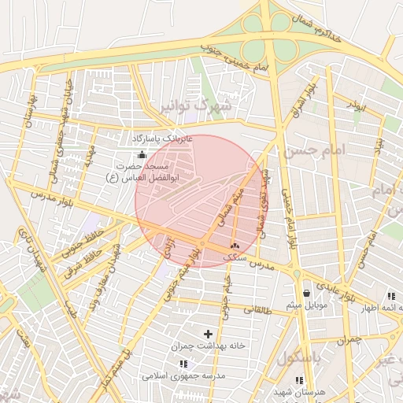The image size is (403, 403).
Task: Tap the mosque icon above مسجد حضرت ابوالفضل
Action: pyautogui.click(x=142, y=155)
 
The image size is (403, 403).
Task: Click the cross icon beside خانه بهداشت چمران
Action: pyautogui.click(x=208, y=335)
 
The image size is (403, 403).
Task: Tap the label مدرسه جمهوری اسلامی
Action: pyautogui.click(x=183, y=376)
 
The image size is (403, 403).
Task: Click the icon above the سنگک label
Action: pyautogui.click(x=235, y=246)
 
